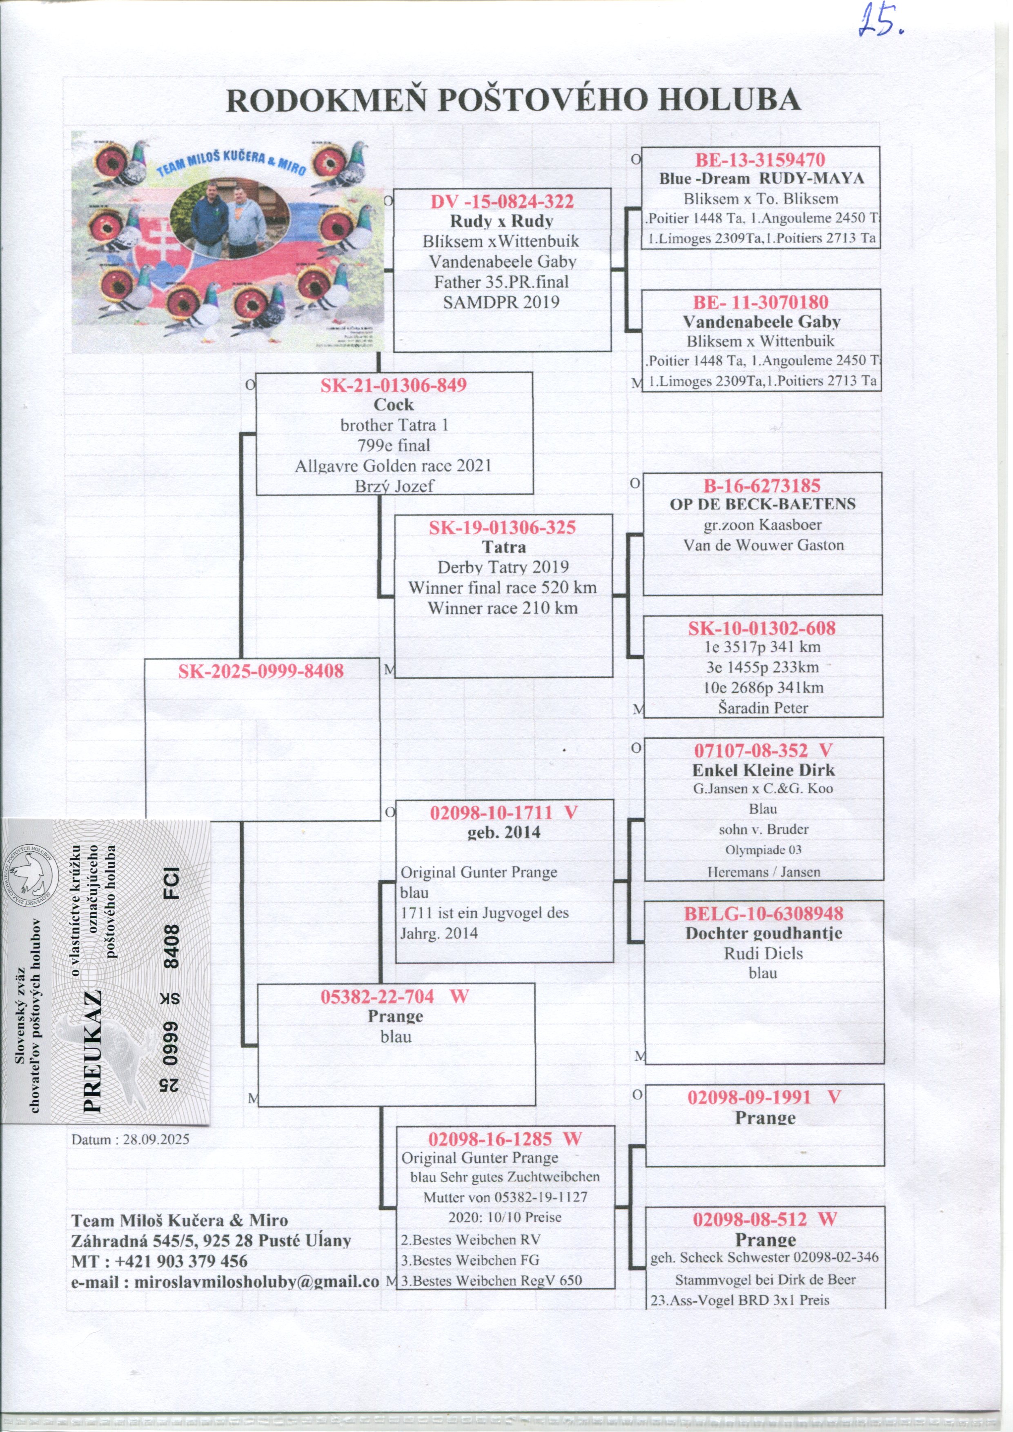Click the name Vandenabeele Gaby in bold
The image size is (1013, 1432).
coord(761,322)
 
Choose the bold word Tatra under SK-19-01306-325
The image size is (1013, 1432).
coord(504,547)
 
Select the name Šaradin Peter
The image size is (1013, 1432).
coord(763,708)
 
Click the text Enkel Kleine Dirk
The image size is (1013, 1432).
coord(763,770)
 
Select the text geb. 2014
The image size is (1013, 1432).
coord(504,832)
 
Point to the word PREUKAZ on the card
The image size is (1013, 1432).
coord(92,1051)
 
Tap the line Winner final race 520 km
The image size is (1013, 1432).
coord(503,588)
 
